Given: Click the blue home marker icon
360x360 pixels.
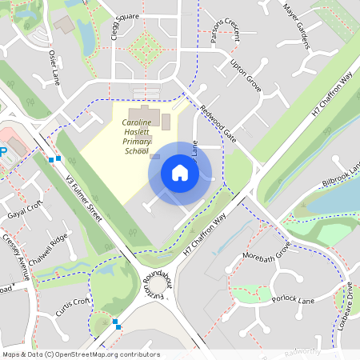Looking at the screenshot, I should coord(180,173).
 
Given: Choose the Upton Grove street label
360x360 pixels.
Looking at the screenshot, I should coord(246,73).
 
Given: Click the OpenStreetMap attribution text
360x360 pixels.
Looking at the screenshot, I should coord(80,354).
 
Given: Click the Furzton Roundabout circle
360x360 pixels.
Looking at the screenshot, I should coord(157,284).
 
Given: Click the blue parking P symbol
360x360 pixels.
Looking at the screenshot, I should coord(2,150).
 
